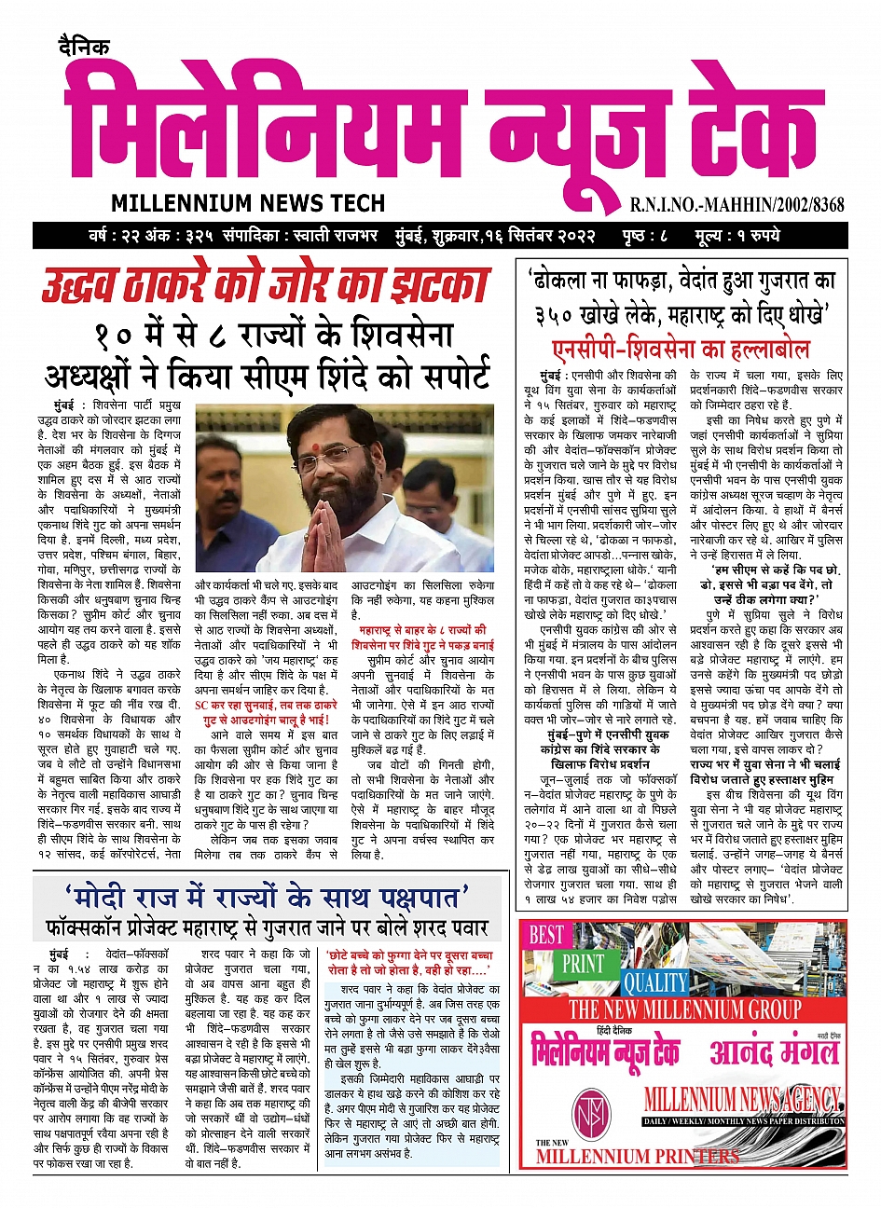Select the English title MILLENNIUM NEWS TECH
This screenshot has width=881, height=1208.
tap(248, 203)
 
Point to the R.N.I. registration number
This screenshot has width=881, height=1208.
tap(736, 204)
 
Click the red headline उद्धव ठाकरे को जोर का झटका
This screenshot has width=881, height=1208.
tap(266, 285)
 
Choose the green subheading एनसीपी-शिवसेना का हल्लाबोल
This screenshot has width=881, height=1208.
tap(681, 350)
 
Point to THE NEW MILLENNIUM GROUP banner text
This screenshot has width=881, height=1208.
tap(685, 1009)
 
